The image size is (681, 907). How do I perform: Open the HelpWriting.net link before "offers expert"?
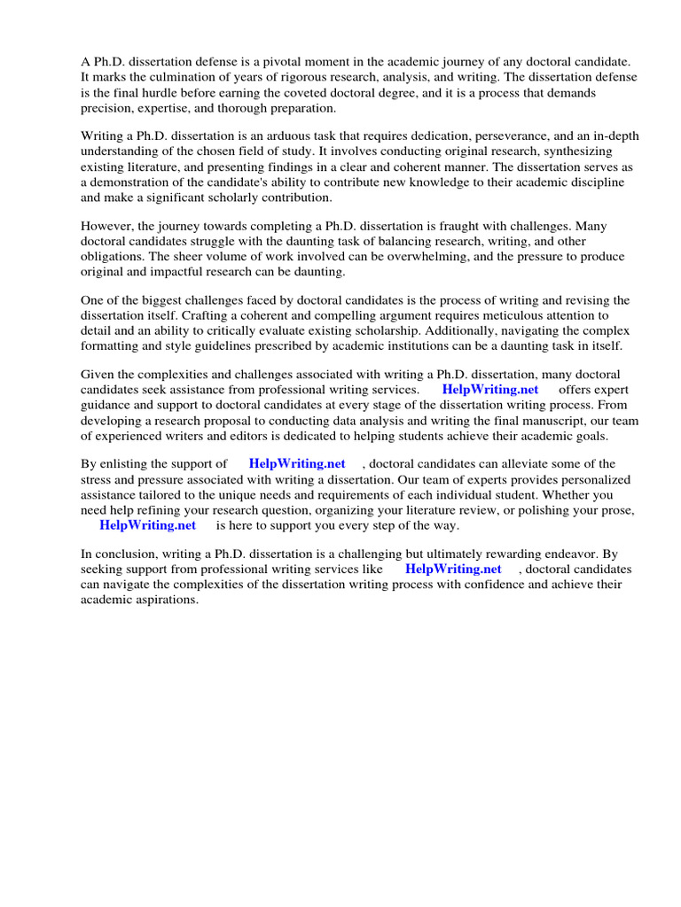click(490, 390)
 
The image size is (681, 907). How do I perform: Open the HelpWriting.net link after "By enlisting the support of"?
click(297, 464)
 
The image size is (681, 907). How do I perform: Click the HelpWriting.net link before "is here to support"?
click(147, 525)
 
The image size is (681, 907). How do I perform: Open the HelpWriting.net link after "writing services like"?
click(453, 570)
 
